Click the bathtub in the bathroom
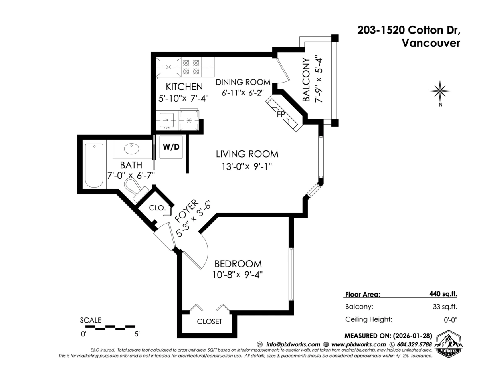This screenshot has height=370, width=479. [x=94, y=165]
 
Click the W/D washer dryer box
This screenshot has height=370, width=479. [x=171, y=147]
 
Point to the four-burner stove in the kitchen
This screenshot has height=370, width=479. [x=191, y=67]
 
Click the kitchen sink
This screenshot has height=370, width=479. [x=166, y=119]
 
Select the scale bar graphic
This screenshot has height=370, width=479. [x=110, y=327]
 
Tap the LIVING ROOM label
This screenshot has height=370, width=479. [x=247, y=154]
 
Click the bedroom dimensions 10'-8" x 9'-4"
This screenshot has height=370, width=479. [x=238, y=275]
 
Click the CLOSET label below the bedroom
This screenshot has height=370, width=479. [x=209, y=321]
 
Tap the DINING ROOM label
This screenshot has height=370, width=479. [x=243, y=82]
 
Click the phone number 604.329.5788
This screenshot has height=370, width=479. [x=414, y=344]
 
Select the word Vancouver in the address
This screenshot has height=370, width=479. [x=430, y=43]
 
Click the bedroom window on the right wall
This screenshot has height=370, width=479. [x=291, y=274]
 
